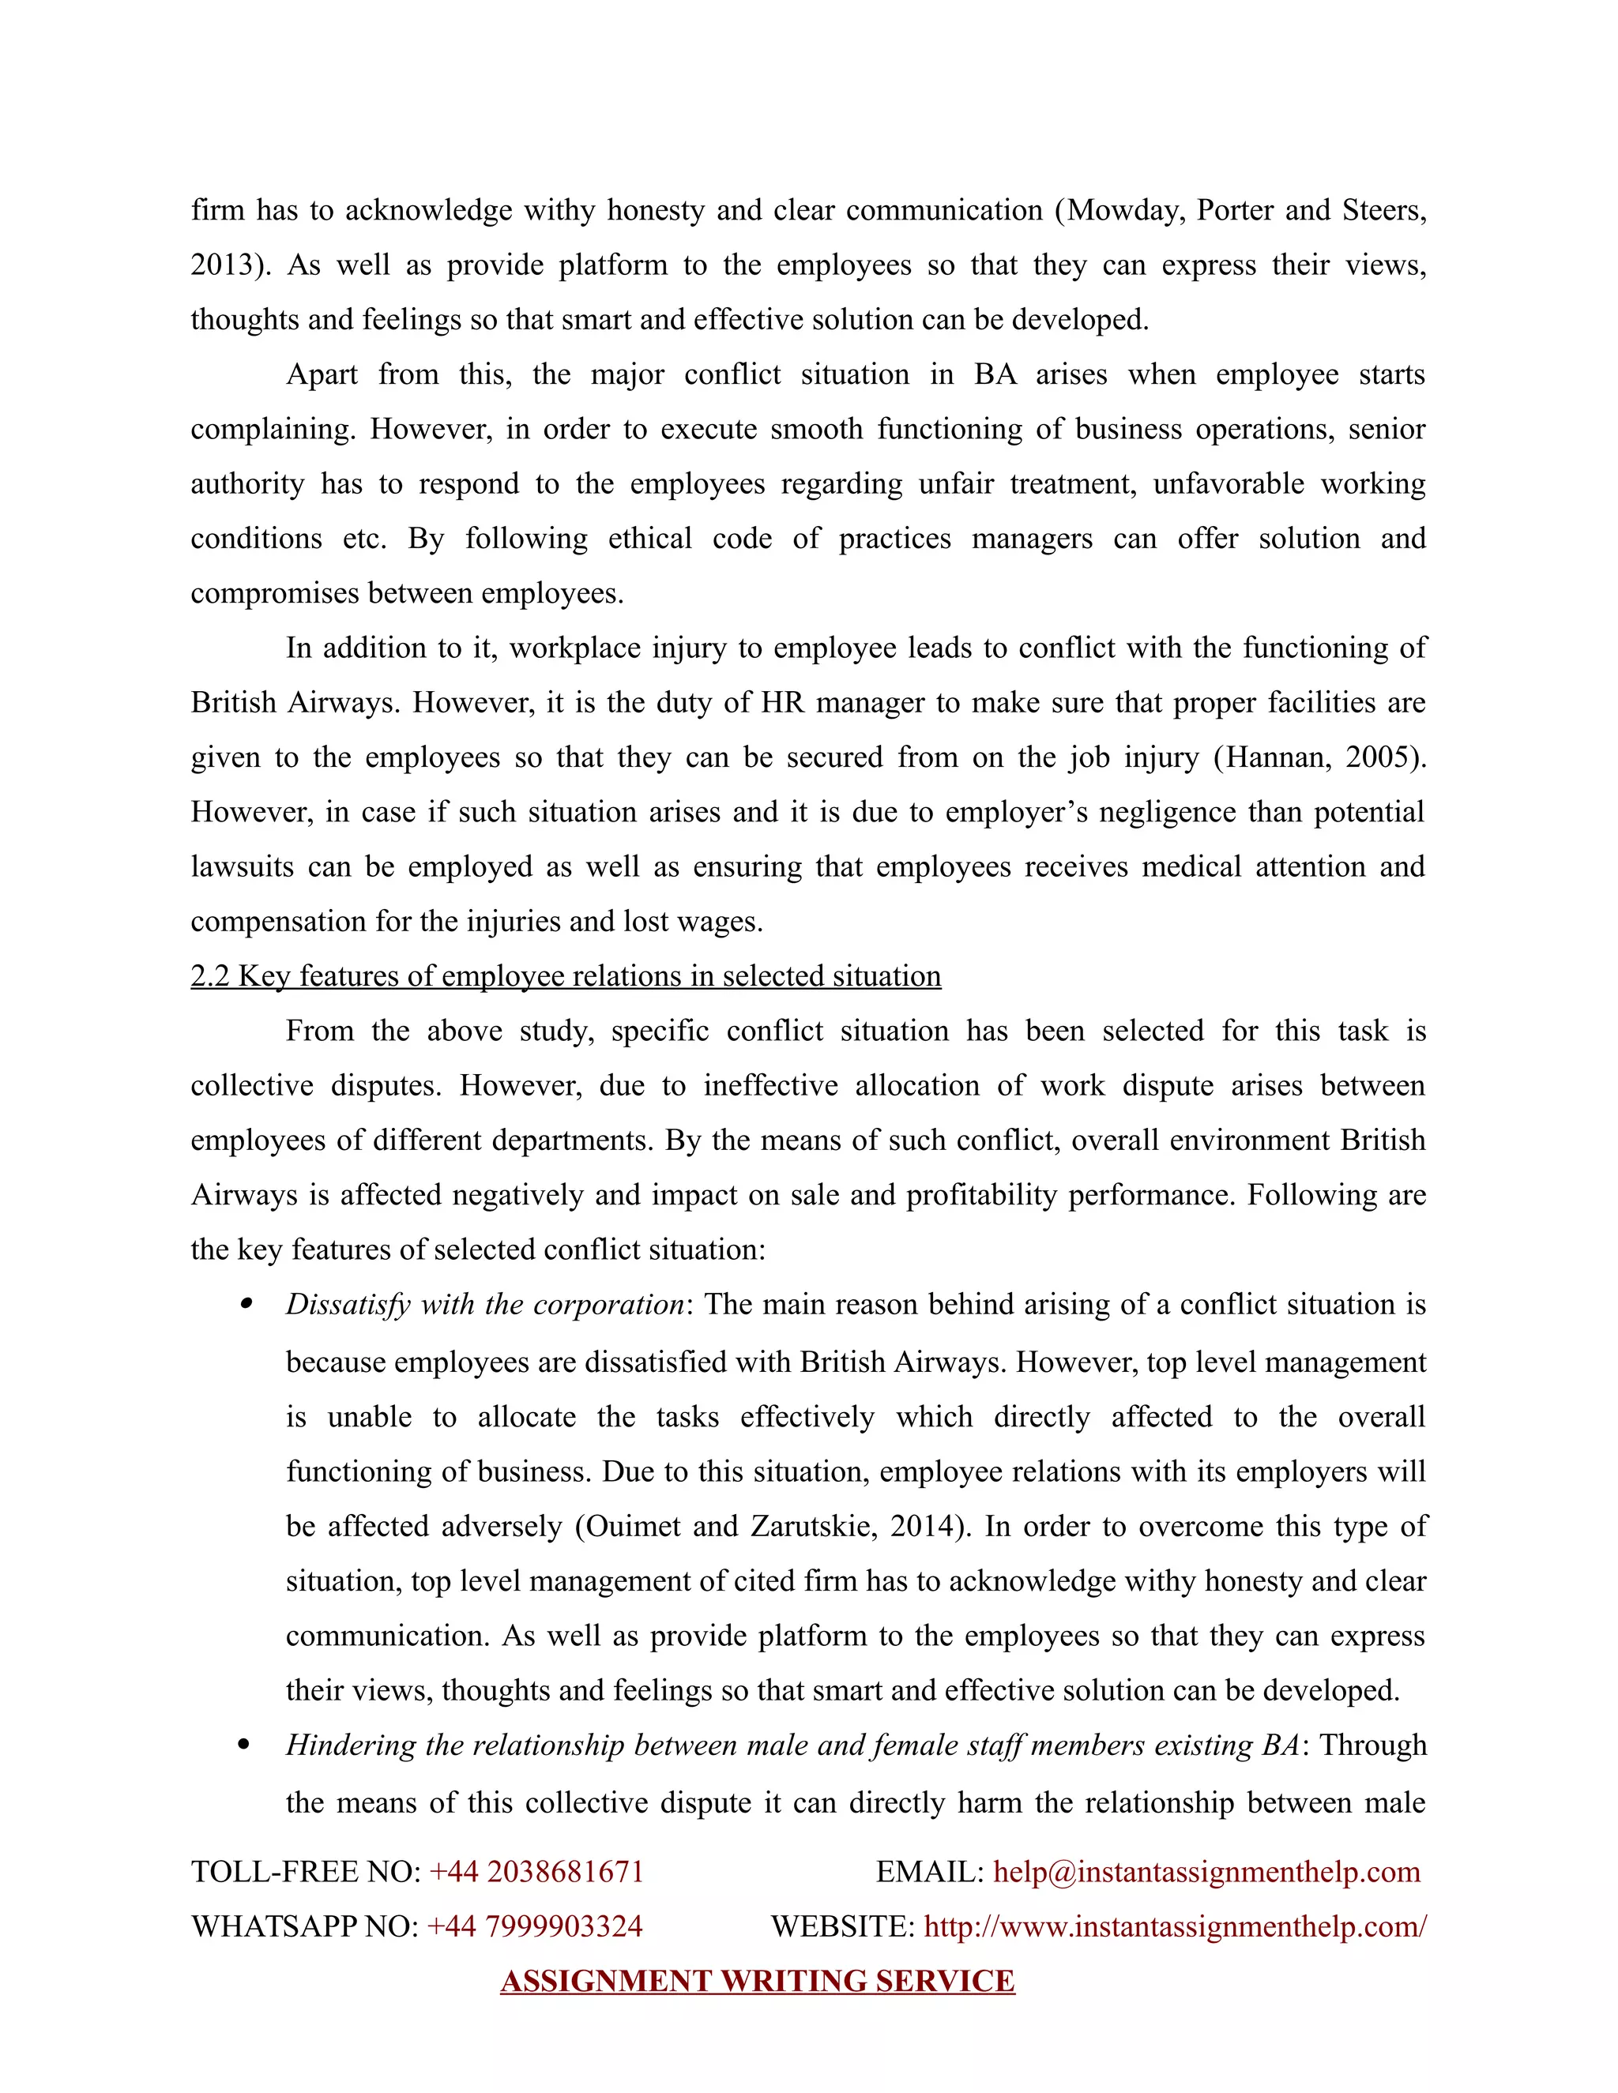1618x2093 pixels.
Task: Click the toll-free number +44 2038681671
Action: (536, 1872)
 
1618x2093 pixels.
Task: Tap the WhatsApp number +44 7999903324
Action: (534, 1926)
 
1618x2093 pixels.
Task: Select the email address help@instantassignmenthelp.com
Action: (1206, 1872)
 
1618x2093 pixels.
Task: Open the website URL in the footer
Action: (1174, 1926)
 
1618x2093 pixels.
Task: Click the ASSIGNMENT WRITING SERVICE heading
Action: (757, 1981)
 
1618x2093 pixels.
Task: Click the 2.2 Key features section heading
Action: (566, 976)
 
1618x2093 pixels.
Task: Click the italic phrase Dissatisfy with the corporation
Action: (484, 1306)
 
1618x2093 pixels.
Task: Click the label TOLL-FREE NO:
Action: (306, 1872)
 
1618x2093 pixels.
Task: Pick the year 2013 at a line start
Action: (224, 265)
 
